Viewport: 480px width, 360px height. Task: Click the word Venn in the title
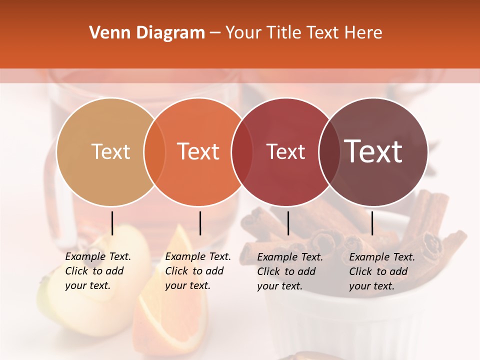click(105, 33)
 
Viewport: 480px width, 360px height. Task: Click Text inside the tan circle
click(110, 151)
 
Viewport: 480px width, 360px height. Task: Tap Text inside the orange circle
click(198, 151)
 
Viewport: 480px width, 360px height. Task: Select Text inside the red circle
click(285, 151)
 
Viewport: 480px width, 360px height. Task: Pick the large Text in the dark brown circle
click(373, 151)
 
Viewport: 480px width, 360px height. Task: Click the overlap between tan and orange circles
click(154, 151)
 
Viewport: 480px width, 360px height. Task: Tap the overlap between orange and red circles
click(242, 151)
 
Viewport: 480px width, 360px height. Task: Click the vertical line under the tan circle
click(112, 223)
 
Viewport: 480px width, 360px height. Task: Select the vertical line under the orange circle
click(200, 223)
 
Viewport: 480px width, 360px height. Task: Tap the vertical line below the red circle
click(288, 223)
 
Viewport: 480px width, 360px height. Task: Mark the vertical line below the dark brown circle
click(372, 223)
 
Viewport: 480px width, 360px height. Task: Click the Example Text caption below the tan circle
click(97, 271)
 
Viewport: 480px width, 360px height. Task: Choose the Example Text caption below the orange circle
click(197, 271)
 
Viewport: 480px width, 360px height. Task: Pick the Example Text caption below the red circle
click(289, 271)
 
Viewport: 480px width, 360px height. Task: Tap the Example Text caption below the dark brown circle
click(381, 271)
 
